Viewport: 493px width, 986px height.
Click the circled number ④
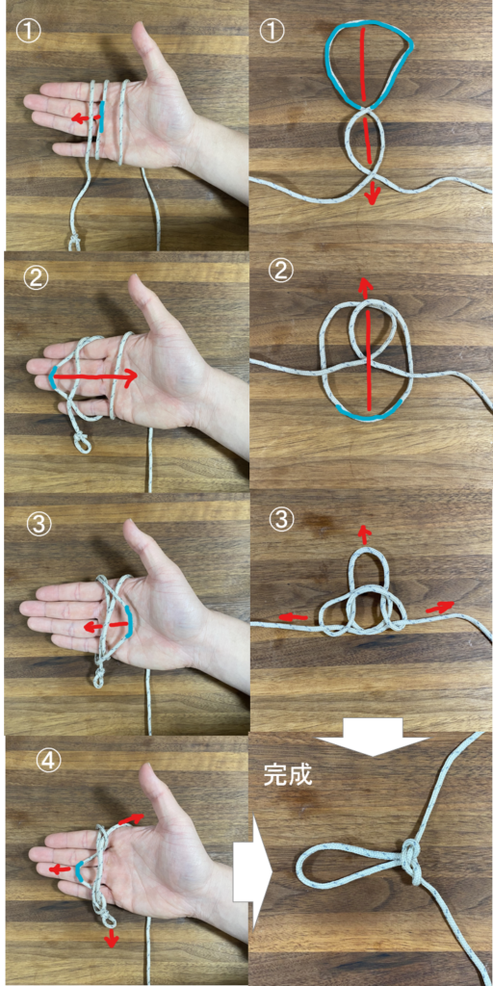(49, 763)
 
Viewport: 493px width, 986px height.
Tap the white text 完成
(287, 775)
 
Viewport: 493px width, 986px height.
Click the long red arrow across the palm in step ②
(94, 376)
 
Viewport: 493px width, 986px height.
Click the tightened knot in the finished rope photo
(410, 859)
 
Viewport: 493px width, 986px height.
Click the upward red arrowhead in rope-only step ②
(364, 287)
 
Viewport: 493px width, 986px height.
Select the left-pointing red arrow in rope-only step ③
(293, 618)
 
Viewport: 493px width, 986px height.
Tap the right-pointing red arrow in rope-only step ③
(440, 608)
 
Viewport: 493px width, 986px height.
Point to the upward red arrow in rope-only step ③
(363, 533)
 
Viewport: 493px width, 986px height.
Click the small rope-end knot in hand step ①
(75, 242)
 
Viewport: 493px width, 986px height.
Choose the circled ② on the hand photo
(36, 279)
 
